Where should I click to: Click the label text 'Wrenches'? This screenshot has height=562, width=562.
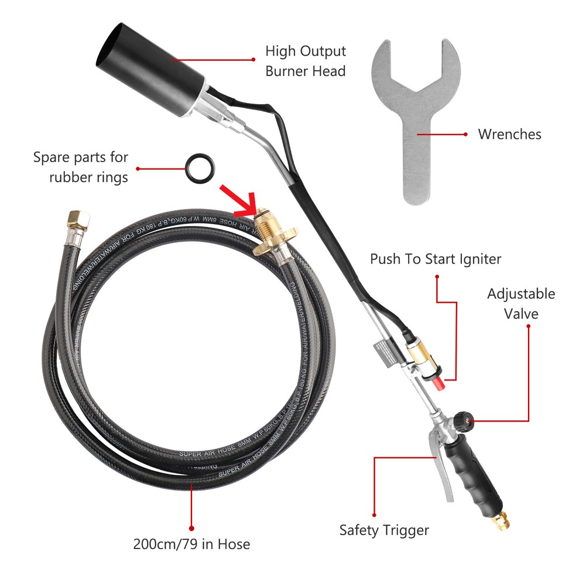tap(509, 134)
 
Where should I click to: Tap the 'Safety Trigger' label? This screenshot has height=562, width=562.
tap(384, 530)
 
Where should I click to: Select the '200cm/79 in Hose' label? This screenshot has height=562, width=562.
tap(191, 544)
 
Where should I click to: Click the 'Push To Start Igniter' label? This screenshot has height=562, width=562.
tap(436, 259)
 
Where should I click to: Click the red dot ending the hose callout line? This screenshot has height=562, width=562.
tap(191, 527)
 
